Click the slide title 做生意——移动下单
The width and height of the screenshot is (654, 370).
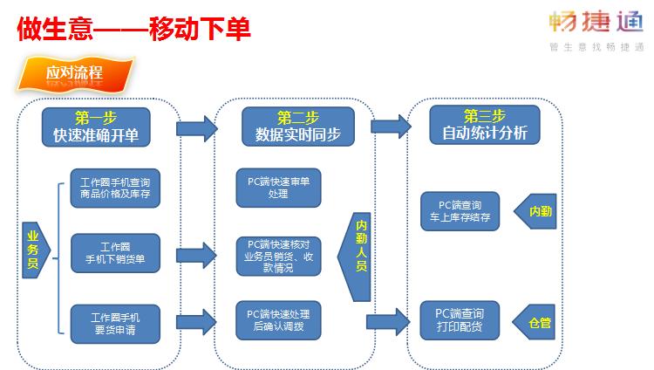(x=133, y=28)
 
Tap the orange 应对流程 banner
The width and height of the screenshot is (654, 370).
(x=77, y=73)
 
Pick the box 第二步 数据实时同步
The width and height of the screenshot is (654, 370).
(x=298, y=127)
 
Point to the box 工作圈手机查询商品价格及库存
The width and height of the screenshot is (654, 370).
(x=115, y=188)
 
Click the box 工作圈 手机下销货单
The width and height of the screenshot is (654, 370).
(x=115, y=253)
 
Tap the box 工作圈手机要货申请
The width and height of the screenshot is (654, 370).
(x=115, y=323)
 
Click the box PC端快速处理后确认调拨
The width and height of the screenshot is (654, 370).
(x=277, y=320)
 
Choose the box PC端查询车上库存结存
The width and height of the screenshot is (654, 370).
(x=460, y=211)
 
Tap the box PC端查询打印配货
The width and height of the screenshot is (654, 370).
(x=460, y=319)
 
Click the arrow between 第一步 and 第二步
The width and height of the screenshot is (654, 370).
(x=196, y=130)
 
